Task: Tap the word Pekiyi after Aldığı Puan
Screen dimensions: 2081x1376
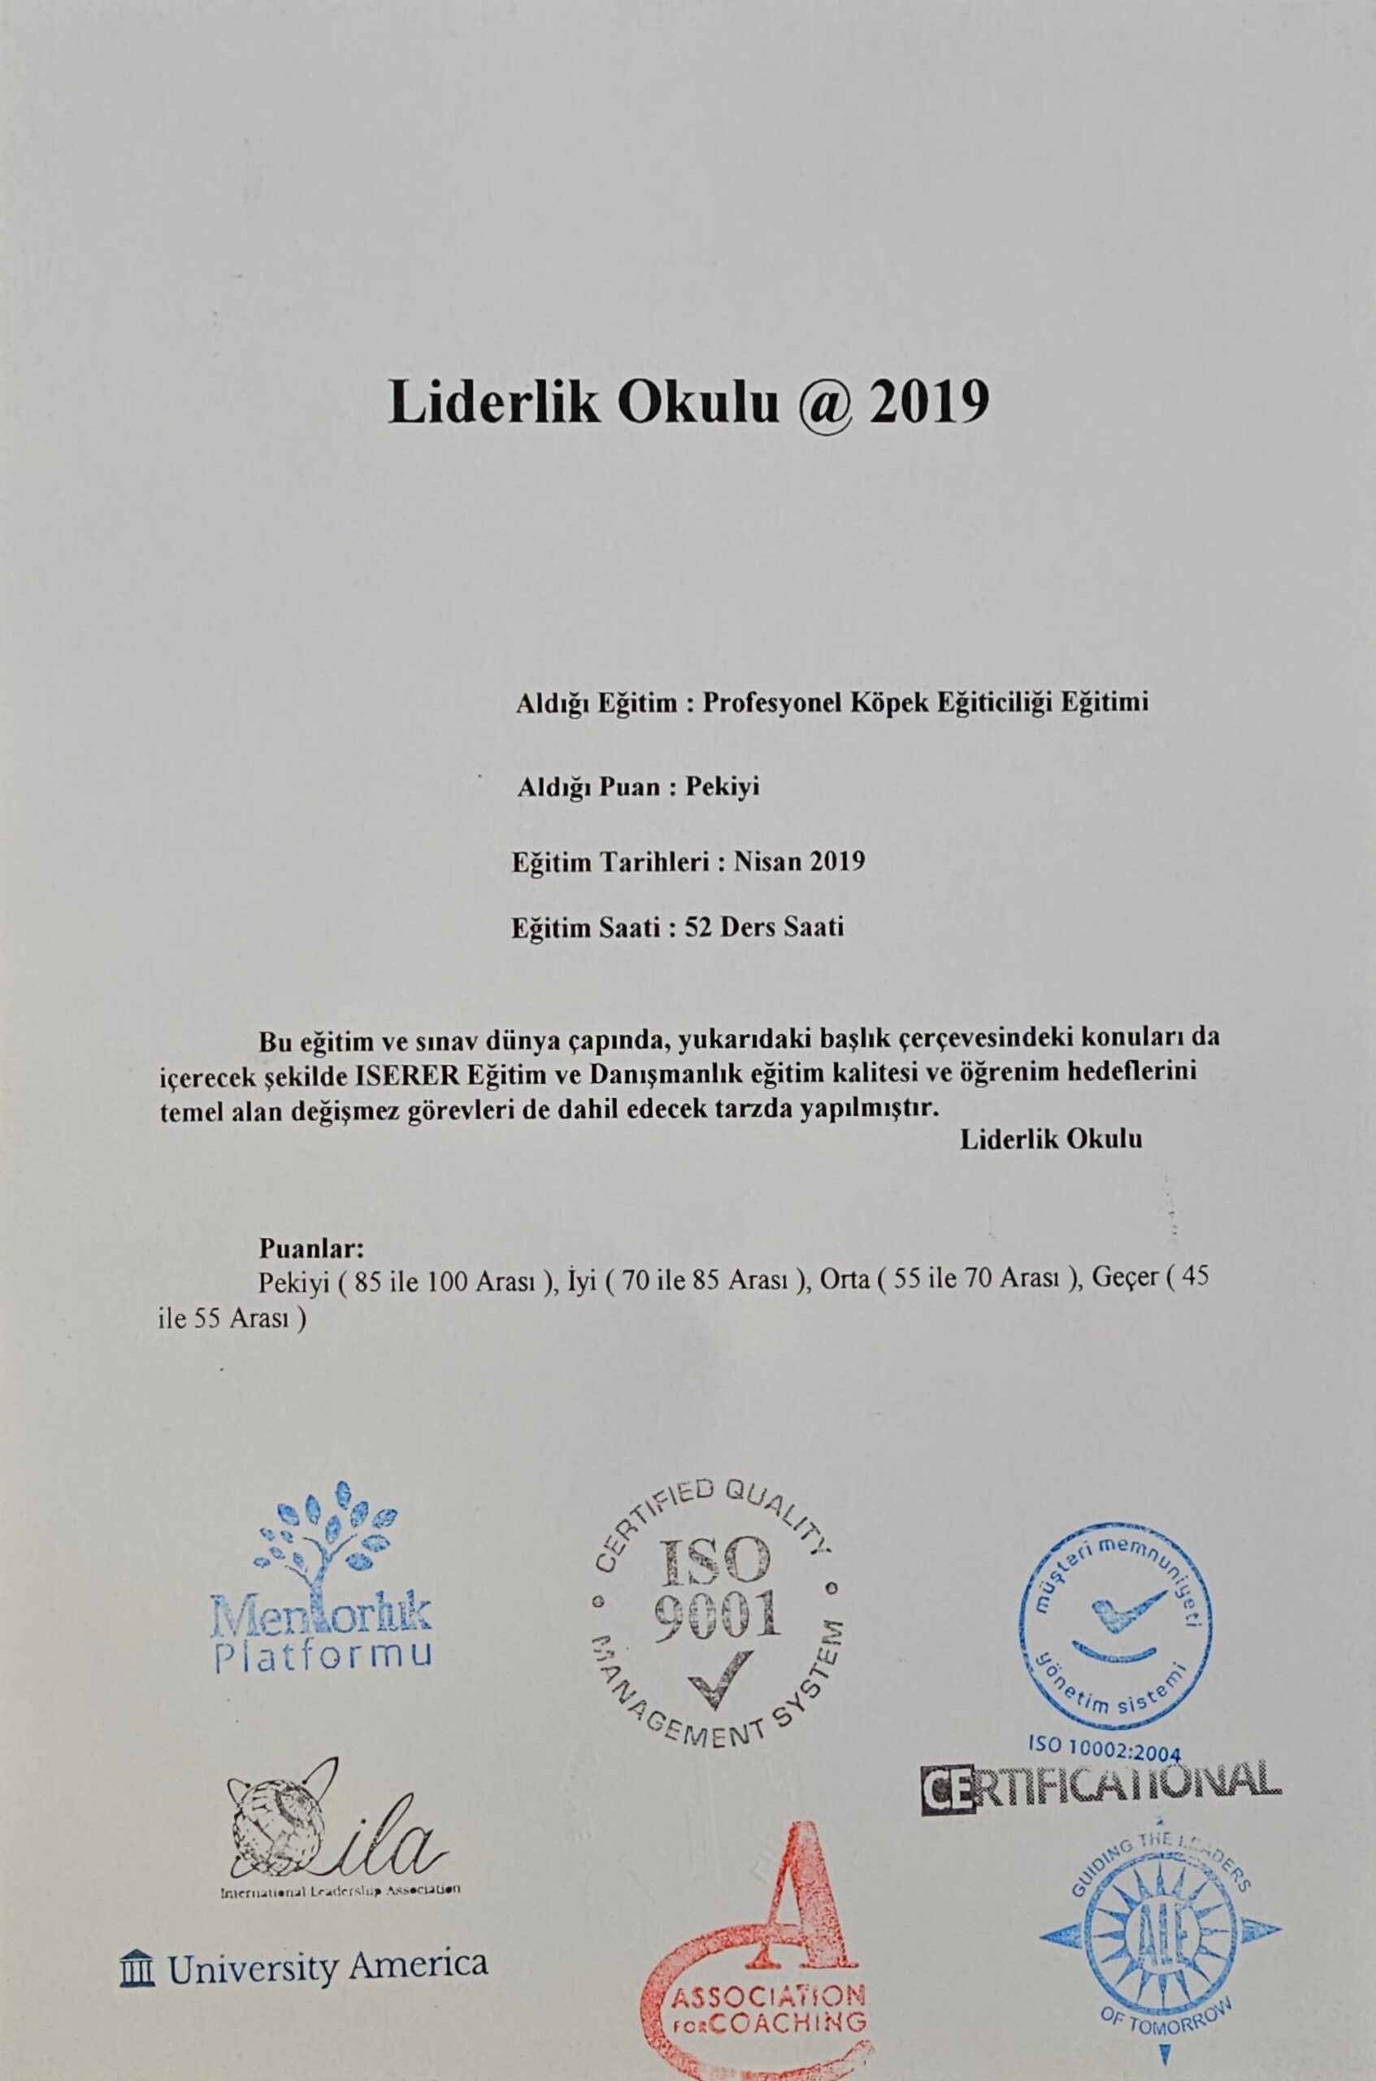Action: (x=723, y=786)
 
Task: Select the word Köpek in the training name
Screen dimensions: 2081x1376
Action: (x=883, y=702)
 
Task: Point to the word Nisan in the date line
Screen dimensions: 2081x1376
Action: (x=767, y=861)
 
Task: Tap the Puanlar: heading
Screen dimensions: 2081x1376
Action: (x=311, y=1248)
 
